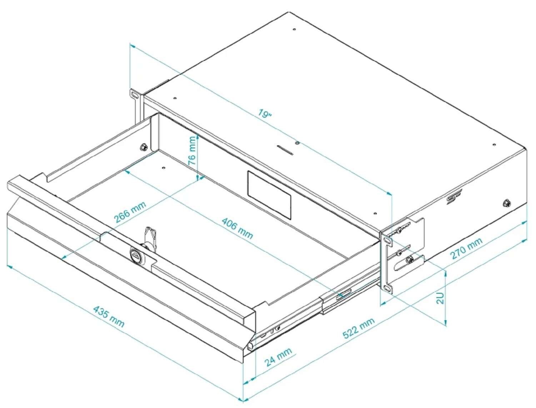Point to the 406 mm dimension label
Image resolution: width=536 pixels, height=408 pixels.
click(237, 228)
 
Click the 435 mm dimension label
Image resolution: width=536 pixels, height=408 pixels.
click(109, 317)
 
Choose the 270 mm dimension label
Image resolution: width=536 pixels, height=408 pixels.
click(466, 248)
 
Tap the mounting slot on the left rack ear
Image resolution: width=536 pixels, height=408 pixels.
click(134, 95)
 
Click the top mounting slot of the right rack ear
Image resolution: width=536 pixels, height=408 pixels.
click(387, 240)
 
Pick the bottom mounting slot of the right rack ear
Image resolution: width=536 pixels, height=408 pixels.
click(387, 289)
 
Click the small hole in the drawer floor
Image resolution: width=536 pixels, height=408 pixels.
click(163, 168)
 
